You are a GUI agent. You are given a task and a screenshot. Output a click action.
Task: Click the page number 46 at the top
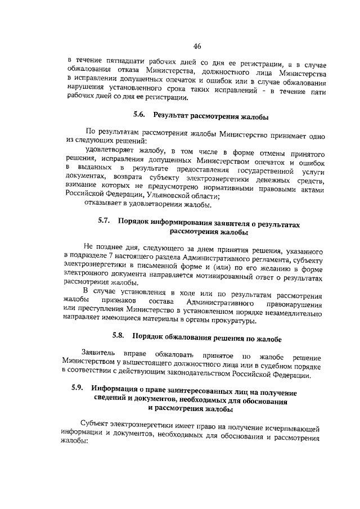pyautogui.click(x=196, y=47)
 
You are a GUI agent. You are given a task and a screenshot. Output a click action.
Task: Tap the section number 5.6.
pyautogui.click(x=139, y=115)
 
